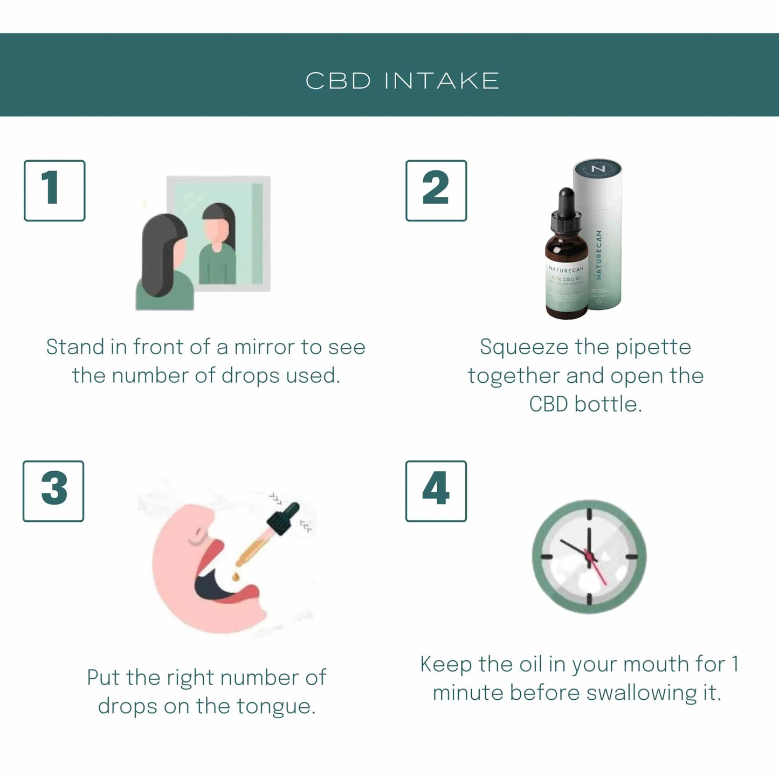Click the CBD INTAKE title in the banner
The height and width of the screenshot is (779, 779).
[402, 81]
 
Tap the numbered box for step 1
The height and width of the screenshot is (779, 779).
[54, 190]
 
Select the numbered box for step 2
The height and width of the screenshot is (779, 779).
[436, 190]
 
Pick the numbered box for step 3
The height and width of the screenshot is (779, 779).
[53, 491]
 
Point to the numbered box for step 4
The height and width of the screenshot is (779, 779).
[436, 491]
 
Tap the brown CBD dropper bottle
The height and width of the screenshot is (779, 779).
[566, 275]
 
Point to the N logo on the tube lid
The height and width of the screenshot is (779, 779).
[598, 169]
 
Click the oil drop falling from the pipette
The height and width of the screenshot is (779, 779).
[236, 577]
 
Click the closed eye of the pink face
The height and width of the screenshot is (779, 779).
[197, 538]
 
